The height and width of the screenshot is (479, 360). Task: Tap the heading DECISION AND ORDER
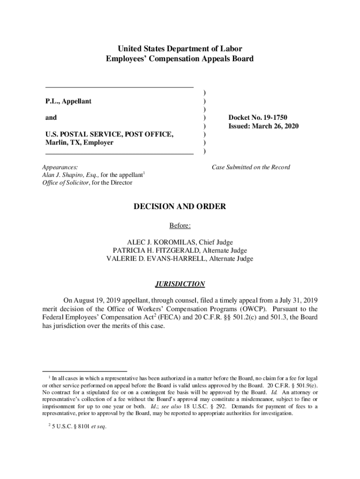point(180,206)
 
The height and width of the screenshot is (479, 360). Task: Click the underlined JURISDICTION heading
point(180,284)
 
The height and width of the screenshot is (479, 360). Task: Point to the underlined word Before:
point(180,226)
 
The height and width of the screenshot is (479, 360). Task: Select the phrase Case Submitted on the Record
point(251,167)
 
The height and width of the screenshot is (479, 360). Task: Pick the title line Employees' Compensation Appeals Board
point(180,59)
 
